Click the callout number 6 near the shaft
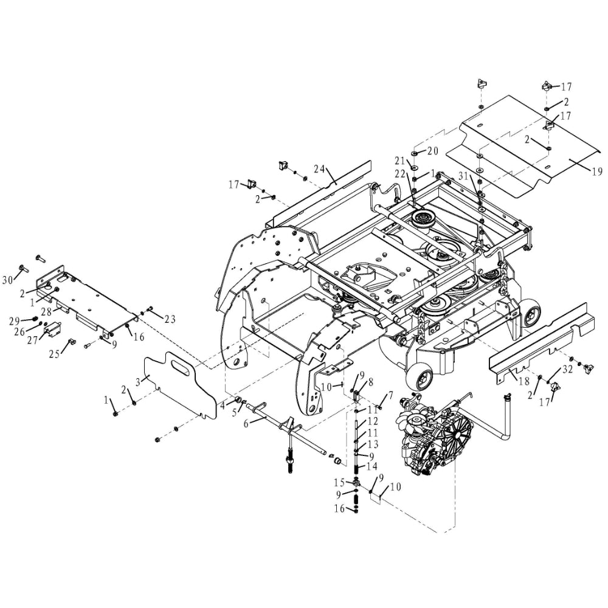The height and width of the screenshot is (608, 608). click(x=246, y=423)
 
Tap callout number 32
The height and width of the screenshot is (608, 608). click(x=568, y=369)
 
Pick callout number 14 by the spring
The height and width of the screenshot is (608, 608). click(x=373, y=466)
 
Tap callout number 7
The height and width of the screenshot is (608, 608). click(x=391, y=395)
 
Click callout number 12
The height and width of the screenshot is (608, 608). click(x=373, y=421)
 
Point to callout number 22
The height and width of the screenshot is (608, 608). click(x=399, y=174)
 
